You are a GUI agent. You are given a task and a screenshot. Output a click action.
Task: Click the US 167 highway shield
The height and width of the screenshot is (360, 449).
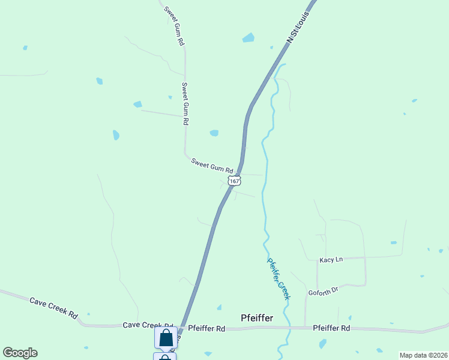234,180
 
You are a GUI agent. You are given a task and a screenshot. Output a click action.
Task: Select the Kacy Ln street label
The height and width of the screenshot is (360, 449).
331,259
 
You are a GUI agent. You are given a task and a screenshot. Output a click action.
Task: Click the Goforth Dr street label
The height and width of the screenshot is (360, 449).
324,291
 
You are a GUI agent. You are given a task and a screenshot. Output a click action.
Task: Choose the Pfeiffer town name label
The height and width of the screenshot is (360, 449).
257,317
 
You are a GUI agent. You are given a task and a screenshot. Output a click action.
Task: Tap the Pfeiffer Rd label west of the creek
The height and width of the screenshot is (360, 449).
206,328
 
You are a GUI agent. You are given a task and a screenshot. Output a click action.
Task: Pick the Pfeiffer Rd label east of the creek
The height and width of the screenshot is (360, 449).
331,328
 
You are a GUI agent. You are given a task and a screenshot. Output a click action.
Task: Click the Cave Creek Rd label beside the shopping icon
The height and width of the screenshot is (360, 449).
148,325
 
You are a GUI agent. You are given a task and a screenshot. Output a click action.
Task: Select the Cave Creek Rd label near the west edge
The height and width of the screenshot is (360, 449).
54,307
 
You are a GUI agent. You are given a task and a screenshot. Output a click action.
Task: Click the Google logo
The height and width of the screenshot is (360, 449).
20,353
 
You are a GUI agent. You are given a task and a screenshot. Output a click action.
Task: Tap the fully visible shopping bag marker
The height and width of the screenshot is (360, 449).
166,337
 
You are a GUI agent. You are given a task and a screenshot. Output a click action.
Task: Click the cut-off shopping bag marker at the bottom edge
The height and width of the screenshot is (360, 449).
165,357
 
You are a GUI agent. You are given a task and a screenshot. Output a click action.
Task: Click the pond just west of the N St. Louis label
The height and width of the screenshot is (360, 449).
248,38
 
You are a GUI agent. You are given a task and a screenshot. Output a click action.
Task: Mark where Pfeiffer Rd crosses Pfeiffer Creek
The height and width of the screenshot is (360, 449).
290,328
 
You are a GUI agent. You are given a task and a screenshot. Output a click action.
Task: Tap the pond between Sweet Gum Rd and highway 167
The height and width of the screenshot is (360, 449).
214,133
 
